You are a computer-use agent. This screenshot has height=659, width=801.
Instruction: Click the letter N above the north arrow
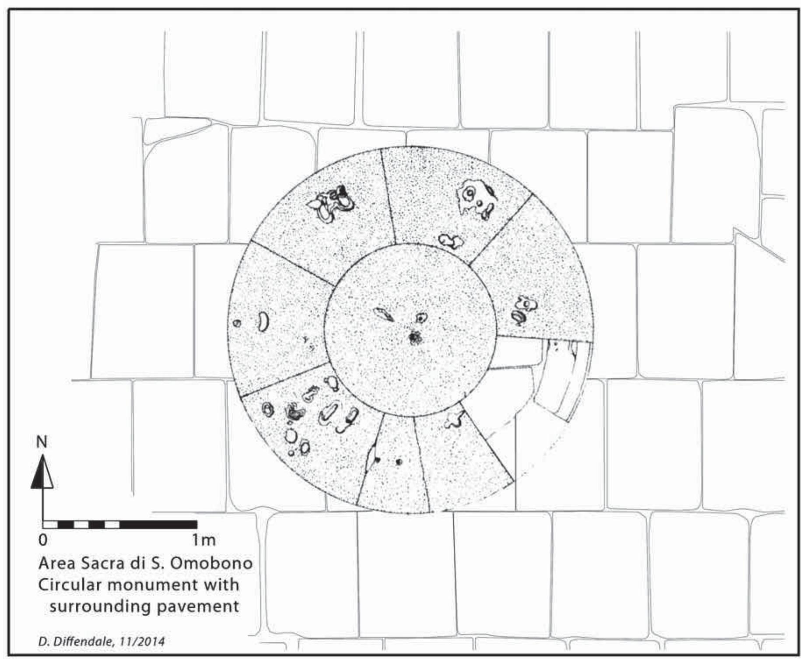(42, 442)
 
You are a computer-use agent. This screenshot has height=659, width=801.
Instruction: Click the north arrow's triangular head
(42, 473)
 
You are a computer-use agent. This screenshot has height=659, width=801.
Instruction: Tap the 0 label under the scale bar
(42, 540)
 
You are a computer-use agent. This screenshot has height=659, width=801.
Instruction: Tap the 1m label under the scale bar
(204, 540)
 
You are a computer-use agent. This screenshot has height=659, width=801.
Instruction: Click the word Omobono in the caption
(211, 563)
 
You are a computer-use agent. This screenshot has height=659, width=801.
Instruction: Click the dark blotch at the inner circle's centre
(414, 337)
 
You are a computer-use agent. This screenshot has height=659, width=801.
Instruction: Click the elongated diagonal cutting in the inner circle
(384, 314)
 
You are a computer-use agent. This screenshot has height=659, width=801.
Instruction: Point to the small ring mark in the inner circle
(421, 318)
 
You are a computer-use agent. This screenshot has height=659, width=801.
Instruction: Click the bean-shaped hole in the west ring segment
(263, 321)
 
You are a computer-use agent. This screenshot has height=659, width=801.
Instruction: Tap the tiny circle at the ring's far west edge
(237, 323)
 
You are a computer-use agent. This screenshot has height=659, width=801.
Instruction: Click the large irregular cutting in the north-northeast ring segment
(476, 198)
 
